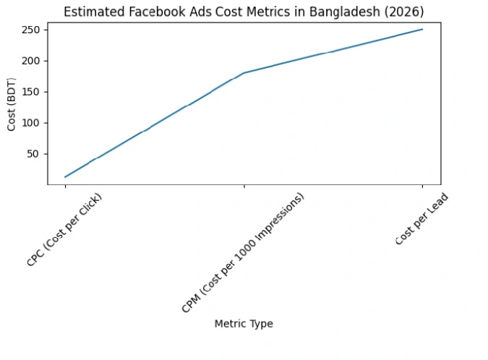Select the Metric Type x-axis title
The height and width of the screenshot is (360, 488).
244,324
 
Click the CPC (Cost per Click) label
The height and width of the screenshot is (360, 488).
64,230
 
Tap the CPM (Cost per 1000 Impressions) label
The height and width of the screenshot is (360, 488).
243,253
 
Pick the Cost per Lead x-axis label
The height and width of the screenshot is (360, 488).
422,219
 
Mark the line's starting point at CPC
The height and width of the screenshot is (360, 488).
65,177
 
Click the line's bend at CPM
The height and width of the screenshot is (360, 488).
244,73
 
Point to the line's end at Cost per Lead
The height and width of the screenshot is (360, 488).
422,29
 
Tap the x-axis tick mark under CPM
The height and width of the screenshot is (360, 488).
244,187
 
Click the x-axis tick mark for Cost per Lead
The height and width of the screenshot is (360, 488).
422,187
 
